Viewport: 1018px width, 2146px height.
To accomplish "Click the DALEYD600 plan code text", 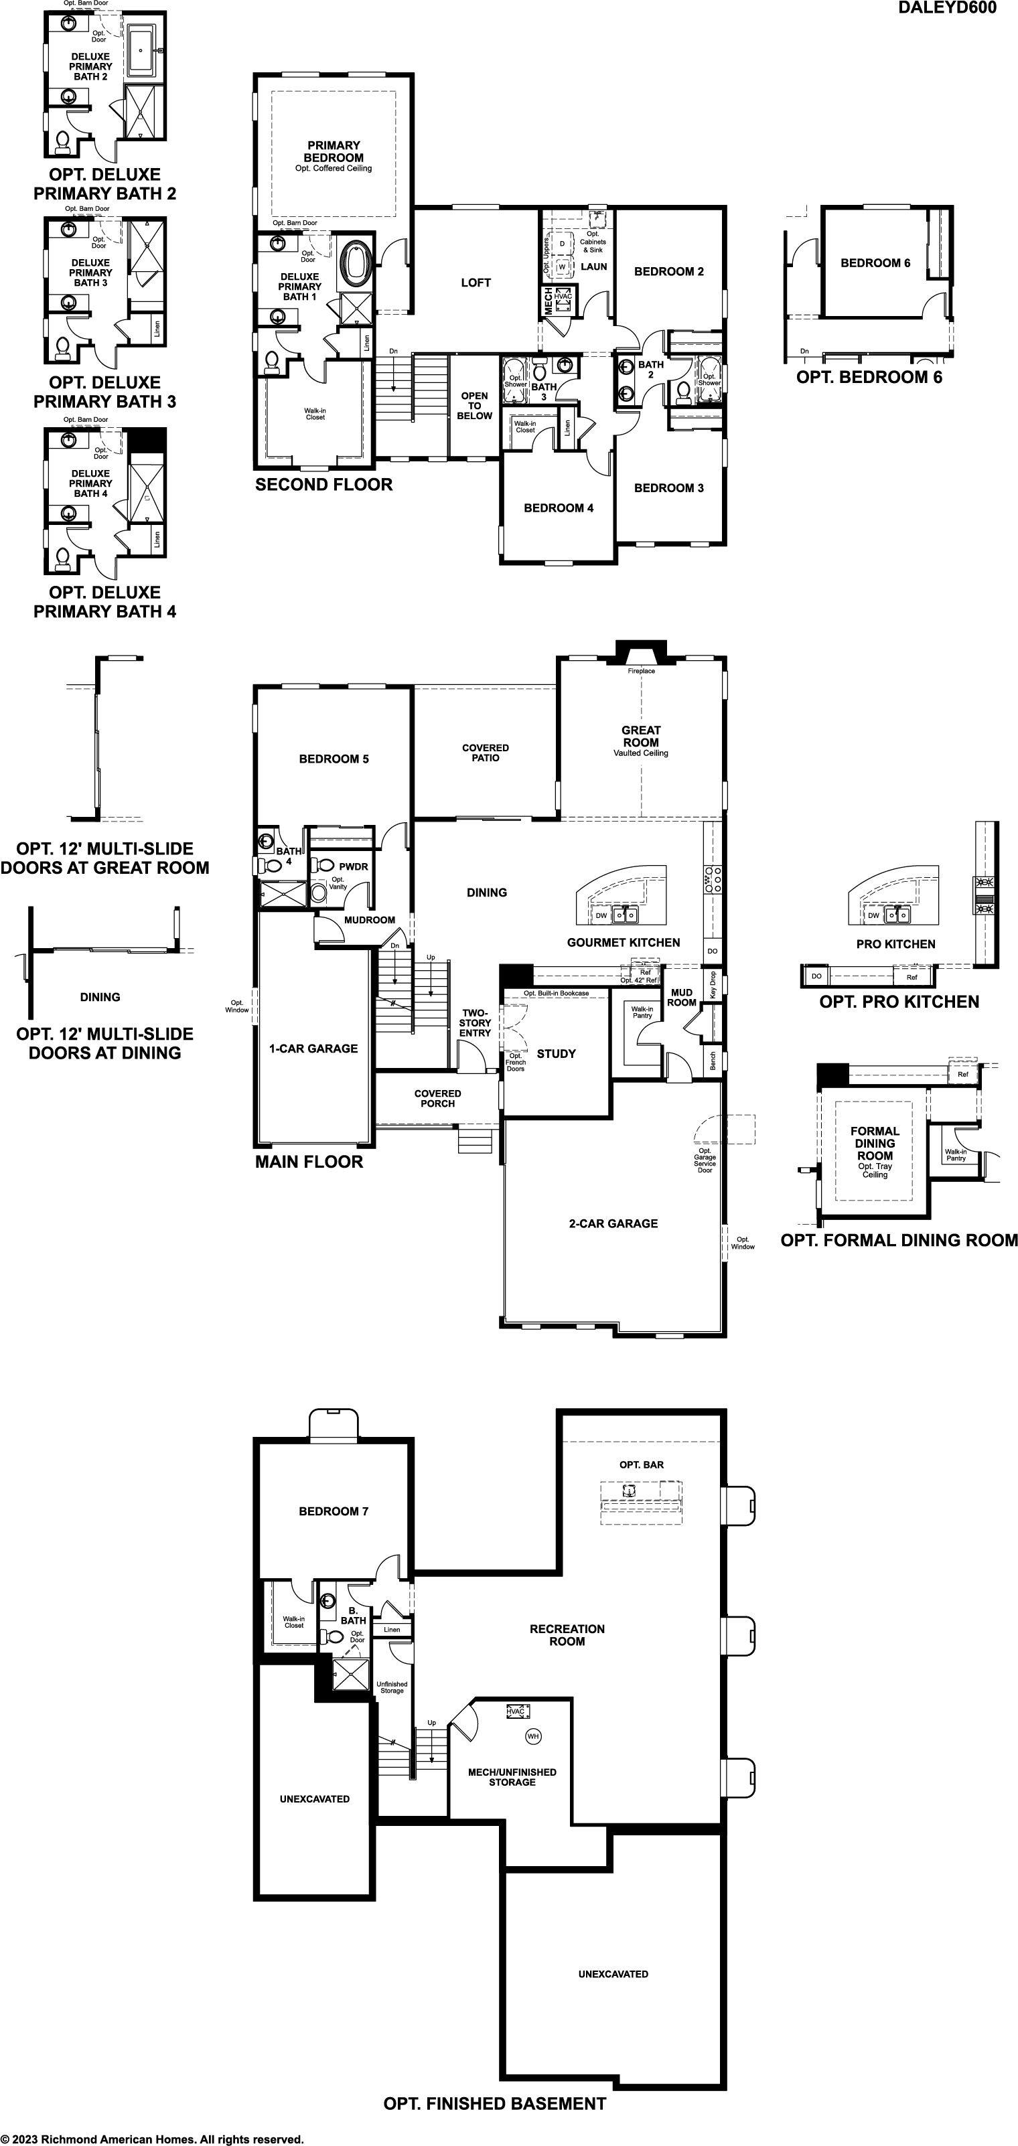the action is (x=946, y=7).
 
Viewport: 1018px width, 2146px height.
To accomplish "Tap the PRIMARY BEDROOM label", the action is (x=334, y=151).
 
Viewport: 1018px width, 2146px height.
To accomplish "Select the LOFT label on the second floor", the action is (x=476, y=283).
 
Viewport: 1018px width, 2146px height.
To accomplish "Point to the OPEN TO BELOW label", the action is (x=475, y=406).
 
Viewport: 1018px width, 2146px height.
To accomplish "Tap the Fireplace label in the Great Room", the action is (x=642, y=671).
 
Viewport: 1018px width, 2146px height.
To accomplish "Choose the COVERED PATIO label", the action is (x=486, y=752).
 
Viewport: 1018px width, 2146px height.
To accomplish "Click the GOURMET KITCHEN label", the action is (x=623, y=942).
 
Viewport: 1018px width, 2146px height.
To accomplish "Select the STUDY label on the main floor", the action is (x=557, y=1054).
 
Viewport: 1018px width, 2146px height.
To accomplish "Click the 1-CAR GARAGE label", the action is (x=313, y=1049).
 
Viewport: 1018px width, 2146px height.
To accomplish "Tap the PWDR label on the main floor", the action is (x=353, y=866).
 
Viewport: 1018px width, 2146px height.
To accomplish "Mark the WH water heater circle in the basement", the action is (x=533, y=1736).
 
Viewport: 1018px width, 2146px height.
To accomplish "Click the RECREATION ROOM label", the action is (x=567, y=1634).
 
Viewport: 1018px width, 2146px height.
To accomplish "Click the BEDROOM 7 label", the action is (x=334, y=1511).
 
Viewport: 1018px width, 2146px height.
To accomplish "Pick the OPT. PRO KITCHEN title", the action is (x=899, y=1002).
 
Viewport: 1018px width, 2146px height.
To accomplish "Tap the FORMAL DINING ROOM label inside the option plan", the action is (x=875, y=1143).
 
